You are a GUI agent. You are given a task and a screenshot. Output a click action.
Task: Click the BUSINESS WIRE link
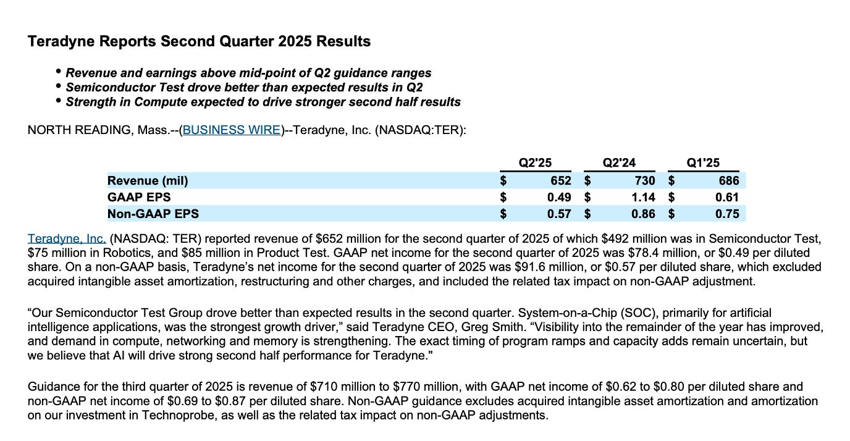tap(232, 130)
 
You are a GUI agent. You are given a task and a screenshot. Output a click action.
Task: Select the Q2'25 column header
tap(535, 163)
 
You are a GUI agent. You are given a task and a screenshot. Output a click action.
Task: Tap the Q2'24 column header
tap(619, 163)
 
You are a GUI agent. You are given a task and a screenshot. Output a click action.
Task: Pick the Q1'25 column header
tap(703, 163)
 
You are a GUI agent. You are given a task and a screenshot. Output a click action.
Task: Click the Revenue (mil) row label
tap(148, 180)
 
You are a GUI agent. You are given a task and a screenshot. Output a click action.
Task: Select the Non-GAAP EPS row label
tap(153, 214)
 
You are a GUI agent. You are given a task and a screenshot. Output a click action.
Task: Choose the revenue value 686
tap(728, 180)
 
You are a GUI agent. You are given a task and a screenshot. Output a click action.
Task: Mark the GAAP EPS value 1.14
tap(642, 197)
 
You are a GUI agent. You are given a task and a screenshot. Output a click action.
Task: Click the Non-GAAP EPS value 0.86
tap(642, 214)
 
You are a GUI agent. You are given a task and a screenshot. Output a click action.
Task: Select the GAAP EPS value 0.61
tap(726, 197)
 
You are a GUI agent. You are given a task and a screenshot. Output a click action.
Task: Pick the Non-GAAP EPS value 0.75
tap(726, 214)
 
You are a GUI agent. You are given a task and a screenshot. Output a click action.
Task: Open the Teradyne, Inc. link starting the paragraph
tap(67, 238)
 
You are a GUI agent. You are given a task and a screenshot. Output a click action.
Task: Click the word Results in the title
tap(343, 41)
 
